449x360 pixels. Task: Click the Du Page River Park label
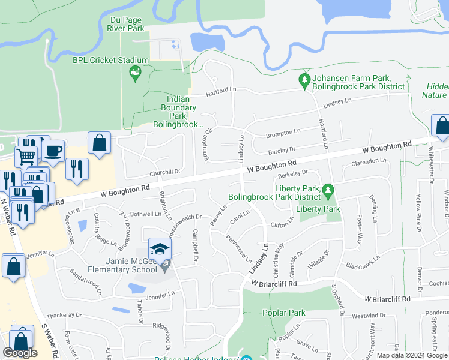coord(126,23)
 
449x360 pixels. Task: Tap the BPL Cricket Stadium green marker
coord(135,74)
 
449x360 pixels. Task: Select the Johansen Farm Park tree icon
coord(305,79)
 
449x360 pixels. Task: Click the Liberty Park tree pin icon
coord(327,190)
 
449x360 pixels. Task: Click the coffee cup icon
coord(53,150)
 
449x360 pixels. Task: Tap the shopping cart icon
coord(26,157)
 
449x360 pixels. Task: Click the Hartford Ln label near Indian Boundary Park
coord(221,91)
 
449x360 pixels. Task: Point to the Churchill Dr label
coord(165,173)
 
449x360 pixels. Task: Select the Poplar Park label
coord(284,313)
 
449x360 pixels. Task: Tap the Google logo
coord(20,353)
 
